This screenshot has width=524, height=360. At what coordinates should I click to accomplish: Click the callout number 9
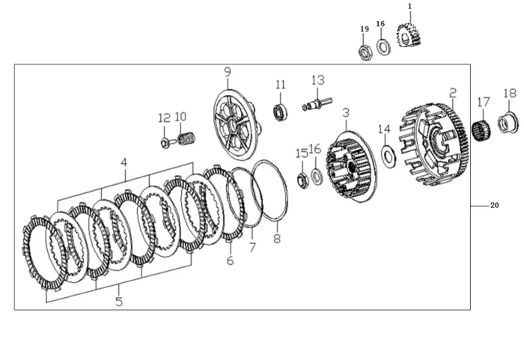227,72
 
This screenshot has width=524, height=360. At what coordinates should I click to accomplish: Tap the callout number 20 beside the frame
493,205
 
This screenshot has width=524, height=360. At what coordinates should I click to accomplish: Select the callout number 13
318,79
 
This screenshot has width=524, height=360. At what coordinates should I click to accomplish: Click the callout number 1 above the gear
409,6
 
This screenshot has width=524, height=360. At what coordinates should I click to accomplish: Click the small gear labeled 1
408,36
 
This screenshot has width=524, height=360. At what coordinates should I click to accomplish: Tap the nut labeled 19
366,52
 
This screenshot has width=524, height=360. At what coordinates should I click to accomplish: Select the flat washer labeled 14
389,156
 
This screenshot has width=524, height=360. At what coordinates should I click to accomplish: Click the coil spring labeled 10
188,138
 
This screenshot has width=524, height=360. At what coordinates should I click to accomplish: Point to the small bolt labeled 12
165,141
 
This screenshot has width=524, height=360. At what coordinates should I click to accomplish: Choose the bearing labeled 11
281,113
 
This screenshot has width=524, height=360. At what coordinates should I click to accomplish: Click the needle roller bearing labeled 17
483,131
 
